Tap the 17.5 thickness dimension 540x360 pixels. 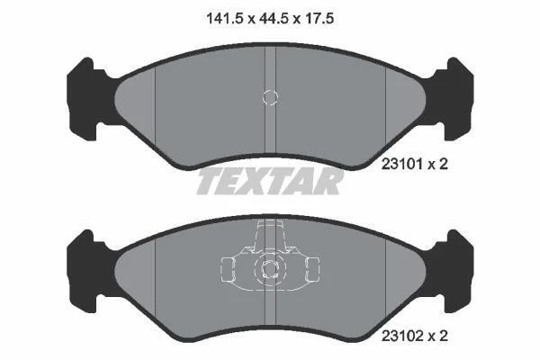tap(319, 18)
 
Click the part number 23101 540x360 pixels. tap(402, 165)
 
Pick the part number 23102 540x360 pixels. tap(402, 336)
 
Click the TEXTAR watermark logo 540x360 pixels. tap(270, 181)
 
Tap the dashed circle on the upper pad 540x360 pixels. tap(270, 97)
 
